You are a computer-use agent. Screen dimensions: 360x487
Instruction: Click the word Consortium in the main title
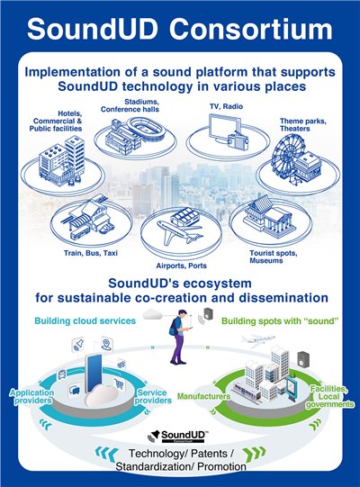click(251, 29)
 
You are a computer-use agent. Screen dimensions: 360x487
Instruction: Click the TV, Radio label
click(226, 106)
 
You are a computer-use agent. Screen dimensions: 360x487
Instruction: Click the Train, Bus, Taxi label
click(91, 253)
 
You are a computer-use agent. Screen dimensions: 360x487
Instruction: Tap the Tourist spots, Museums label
click(274, 257)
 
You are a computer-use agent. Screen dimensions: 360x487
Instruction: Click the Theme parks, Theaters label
click(302, 125)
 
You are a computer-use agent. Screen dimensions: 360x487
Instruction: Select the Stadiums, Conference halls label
click(130, 105)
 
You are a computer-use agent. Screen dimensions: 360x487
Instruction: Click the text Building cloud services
click(85, 320)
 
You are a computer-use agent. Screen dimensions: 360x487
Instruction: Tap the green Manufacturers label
click(203, 396)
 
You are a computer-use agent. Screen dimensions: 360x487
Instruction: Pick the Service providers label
click(153, 397)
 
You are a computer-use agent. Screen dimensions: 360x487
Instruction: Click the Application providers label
click(31, 397)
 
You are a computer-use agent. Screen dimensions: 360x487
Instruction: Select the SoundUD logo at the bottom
click(177, 436)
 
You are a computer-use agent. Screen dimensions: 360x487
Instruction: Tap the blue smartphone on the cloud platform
click(94, 373)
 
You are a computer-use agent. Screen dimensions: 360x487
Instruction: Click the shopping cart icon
click(119, 383)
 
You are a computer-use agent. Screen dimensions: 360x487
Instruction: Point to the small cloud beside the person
click(153, 314)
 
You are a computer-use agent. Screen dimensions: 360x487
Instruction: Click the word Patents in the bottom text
click(210, 454)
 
